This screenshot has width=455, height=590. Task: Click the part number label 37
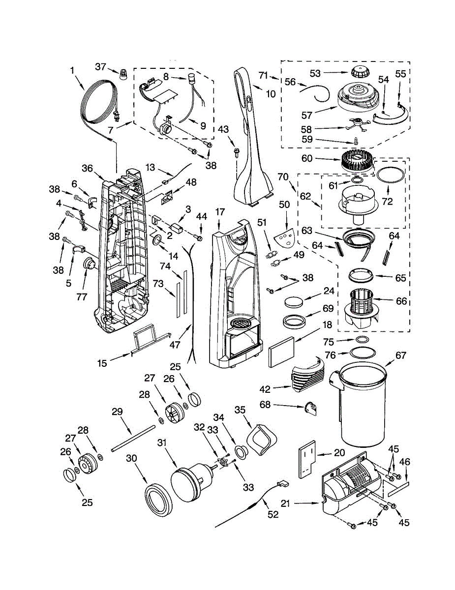click(100, 67)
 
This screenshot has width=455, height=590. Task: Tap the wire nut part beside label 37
click(123, 73)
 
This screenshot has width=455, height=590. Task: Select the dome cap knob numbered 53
click(358, 72)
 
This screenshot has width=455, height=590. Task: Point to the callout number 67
click(400, 355)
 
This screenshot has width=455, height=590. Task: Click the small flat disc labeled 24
click(294, 302)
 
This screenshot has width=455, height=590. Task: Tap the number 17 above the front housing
click(220, 212)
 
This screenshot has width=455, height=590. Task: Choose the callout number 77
click(82, 297)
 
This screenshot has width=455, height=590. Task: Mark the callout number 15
click(102, 363)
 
